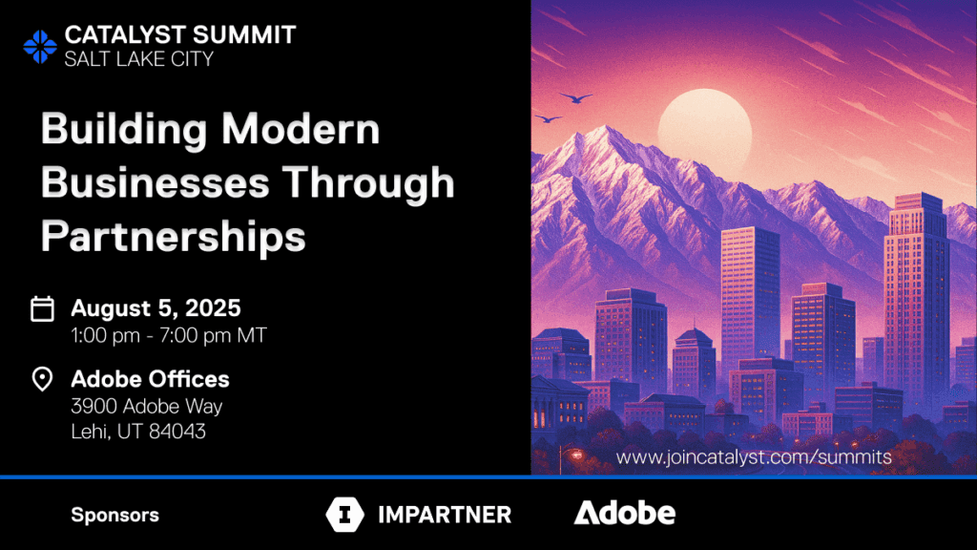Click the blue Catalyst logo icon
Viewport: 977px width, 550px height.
40,47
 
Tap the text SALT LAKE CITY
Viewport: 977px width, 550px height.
139,59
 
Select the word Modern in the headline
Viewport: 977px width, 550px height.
301,129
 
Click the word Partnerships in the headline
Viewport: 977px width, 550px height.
174,237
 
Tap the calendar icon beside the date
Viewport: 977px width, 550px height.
42,308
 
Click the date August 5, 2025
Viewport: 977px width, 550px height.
156,308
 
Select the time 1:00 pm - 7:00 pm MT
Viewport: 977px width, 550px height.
169,335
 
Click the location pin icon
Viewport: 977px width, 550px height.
42,378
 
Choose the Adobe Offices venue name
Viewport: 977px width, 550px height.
150,379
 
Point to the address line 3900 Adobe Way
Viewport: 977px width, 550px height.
147,407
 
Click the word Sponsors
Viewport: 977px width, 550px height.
115,515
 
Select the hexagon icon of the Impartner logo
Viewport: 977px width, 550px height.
344,515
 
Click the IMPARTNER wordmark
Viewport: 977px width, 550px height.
445,515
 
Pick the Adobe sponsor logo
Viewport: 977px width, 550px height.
624,513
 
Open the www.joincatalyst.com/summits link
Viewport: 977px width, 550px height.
754,457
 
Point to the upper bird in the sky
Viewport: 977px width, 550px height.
575,98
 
